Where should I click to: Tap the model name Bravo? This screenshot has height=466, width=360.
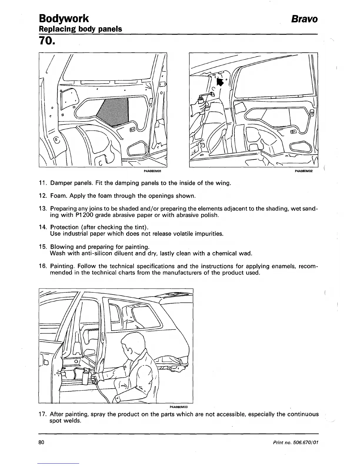pos(304,19)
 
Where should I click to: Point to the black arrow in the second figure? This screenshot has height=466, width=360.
pos(219,82)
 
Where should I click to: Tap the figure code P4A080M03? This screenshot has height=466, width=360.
pos(179,407)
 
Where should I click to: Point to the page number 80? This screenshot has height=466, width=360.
pos(41,442)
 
